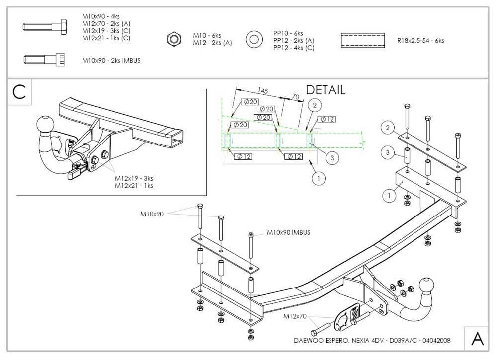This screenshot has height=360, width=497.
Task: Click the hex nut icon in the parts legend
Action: tap(173, 39)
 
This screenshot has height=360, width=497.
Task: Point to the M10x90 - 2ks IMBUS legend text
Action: tap(111, 61)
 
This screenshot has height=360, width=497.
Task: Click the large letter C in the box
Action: tap(19, 92)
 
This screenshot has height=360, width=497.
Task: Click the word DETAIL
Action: tap(326, 90)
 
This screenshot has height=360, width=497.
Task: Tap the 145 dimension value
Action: tap(263, 91)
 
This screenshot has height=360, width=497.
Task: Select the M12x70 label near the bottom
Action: tap(294, 316)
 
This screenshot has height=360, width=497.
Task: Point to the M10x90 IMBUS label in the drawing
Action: tap(288, 232)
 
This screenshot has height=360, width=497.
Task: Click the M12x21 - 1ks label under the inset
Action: tap(134, 186)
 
